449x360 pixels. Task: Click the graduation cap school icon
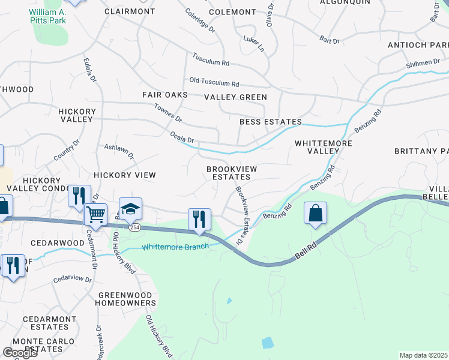130,209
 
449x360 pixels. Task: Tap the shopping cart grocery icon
95,213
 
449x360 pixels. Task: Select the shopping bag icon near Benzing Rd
315,214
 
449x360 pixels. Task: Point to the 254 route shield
135,227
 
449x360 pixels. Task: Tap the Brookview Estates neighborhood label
232,173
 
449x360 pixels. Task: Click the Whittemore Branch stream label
175,247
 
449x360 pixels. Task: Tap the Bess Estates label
270,122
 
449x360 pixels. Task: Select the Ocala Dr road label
182,137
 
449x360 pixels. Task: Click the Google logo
20,353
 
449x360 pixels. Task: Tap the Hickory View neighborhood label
124,175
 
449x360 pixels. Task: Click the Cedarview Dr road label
72,279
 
